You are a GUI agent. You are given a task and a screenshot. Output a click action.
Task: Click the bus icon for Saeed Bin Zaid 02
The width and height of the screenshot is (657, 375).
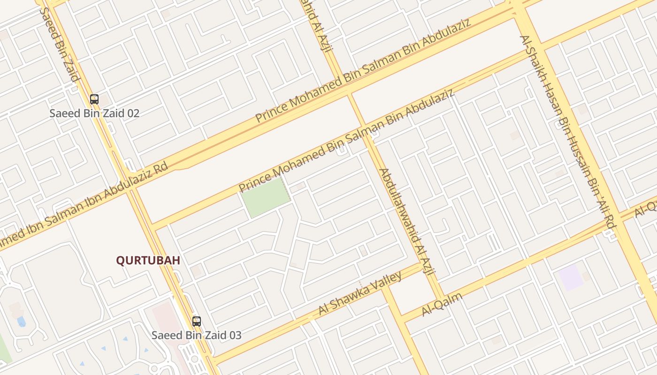point(94,99)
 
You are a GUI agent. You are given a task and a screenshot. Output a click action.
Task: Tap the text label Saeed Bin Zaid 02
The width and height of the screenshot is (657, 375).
point(94,113)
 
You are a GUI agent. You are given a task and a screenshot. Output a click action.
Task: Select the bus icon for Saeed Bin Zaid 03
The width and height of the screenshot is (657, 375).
point(196,322)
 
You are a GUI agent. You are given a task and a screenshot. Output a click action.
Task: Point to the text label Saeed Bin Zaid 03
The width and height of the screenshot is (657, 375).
point(196,336)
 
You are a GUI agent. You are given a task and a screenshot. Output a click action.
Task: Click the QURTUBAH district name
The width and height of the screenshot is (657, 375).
point(148,261)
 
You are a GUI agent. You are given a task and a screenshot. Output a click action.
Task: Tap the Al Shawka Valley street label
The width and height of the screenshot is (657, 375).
point(360,293)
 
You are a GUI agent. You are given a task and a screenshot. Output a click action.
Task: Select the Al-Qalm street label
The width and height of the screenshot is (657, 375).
point(442,304)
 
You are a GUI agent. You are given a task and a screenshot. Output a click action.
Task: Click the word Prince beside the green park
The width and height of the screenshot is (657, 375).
point(254,181)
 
